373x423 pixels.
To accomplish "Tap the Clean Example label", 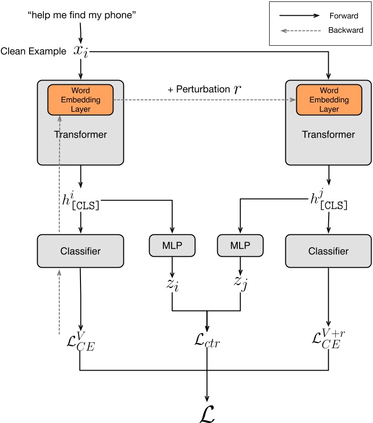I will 33,51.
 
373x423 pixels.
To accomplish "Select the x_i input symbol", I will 81,50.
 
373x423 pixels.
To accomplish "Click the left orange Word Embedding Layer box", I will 80,100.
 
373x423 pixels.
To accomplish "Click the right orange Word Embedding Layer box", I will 329,100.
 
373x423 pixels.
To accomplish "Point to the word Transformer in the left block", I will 80,134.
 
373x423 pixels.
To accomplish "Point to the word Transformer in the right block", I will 329,134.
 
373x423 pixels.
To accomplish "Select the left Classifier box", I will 80,251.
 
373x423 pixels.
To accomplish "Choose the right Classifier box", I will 329,251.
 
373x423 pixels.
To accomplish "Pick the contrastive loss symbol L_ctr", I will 207,341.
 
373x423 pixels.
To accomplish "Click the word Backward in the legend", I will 345,30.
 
